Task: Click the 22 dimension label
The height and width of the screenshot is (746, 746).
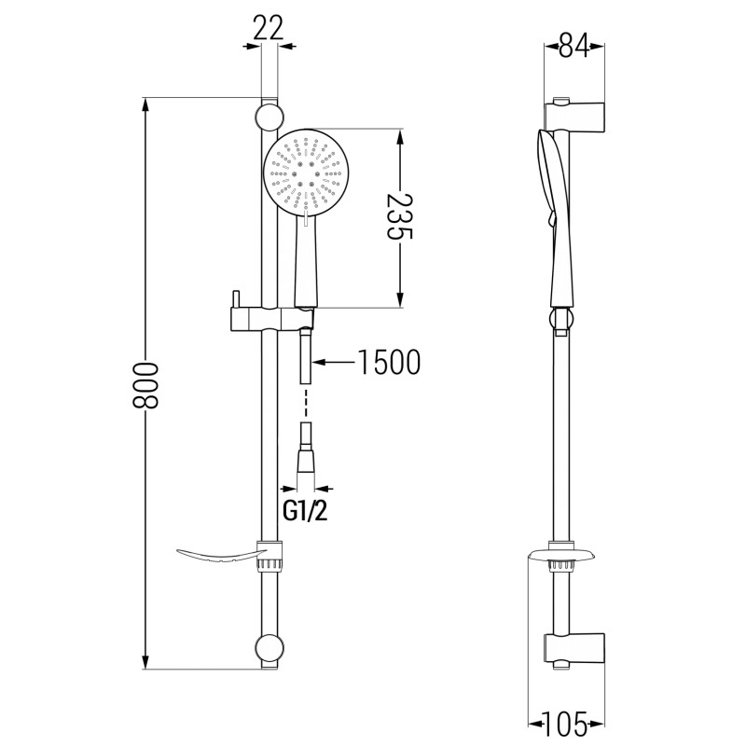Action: pyautogui.click(x=268, y=28)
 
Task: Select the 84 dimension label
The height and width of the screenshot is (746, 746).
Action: pyautogui.click(x=573, y=46)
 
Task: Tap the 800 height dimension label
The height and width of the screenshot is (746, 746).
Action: pyautogui.click(x=145, y=385)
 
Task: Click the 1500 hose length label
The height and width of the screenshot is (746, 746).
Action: pyautogui.click(x=389, y=362)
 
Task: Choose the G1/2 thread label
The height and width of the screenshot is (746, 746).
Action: pyautogui.click(x=305, y=511)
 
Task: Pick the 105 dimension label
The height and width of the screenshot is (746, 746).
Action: pyautogui.click(x=566, y=724)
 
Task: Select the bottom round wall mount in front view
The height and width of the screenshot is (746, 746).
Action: pyautogui.click(x=269, y=647)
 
